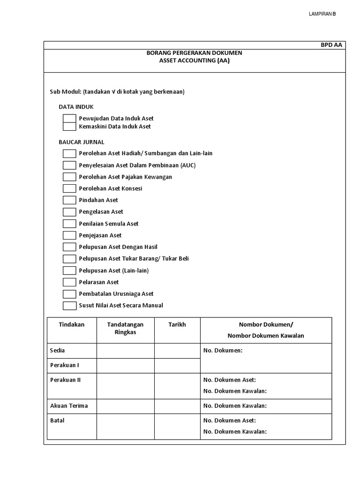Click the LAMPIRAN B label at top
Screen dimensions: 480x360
[322, 14]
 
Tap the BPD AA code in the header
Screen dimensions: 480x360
[331, 45]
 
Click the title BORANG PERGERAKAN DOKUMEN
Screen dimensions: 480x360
[195, 53]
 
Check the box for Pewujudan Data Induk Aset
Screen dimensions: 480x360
[69, 119]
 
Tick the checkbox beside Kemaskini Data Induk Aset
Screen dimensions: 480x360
[69, 127]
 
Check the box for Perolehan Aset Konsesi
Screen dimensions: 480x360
[69, 188]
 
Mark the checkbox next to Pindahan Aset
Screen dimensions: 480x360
[69, 200]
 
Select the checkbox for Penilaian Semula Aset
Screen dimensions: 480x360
[69, 224]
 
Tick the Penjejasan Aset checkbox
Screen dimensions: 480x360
[69, 235]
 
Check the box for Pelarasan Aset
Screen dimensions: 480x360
[69, 282]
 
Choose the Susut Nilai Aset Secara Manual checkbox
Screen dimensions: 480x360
[69, 306]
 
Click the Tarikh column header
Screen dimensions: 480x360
[177, 325]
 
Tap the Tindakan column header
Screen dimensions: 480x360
[72, 325]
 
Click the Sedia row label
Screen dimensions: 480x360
[58, 351]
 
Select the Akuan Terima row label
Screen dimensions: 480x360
[69, 406]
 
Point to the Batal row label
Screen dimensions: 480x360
[57, 421]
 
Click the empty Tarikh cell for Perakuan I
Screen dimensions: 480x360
[177, 366]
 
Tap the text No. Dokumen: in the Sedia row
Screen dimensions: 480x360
[223, 351]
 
